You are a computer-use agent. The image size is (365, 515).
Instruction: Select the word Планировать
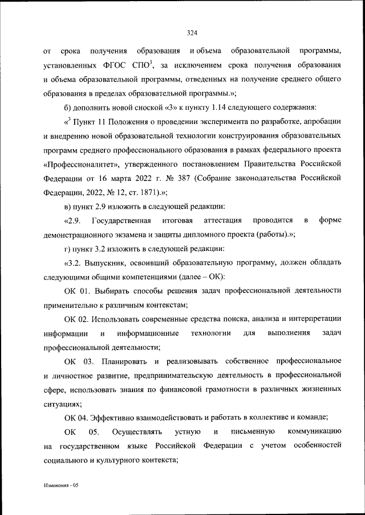coord(124,361)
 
